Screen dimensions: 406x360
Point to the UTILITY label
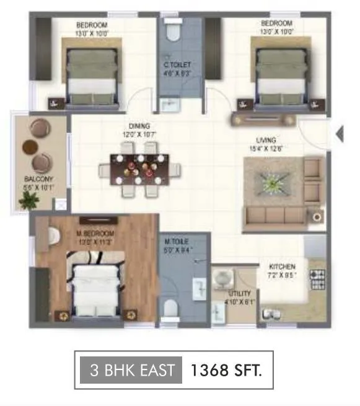click(x=239, y=293)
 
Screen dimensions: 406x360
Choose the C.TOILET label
click(x=177, y=64)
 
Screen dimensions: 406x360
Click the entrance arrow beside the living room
click(x=339, y=134)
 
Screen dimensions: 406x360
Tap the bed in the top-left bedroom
click(x=91, y=75)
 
